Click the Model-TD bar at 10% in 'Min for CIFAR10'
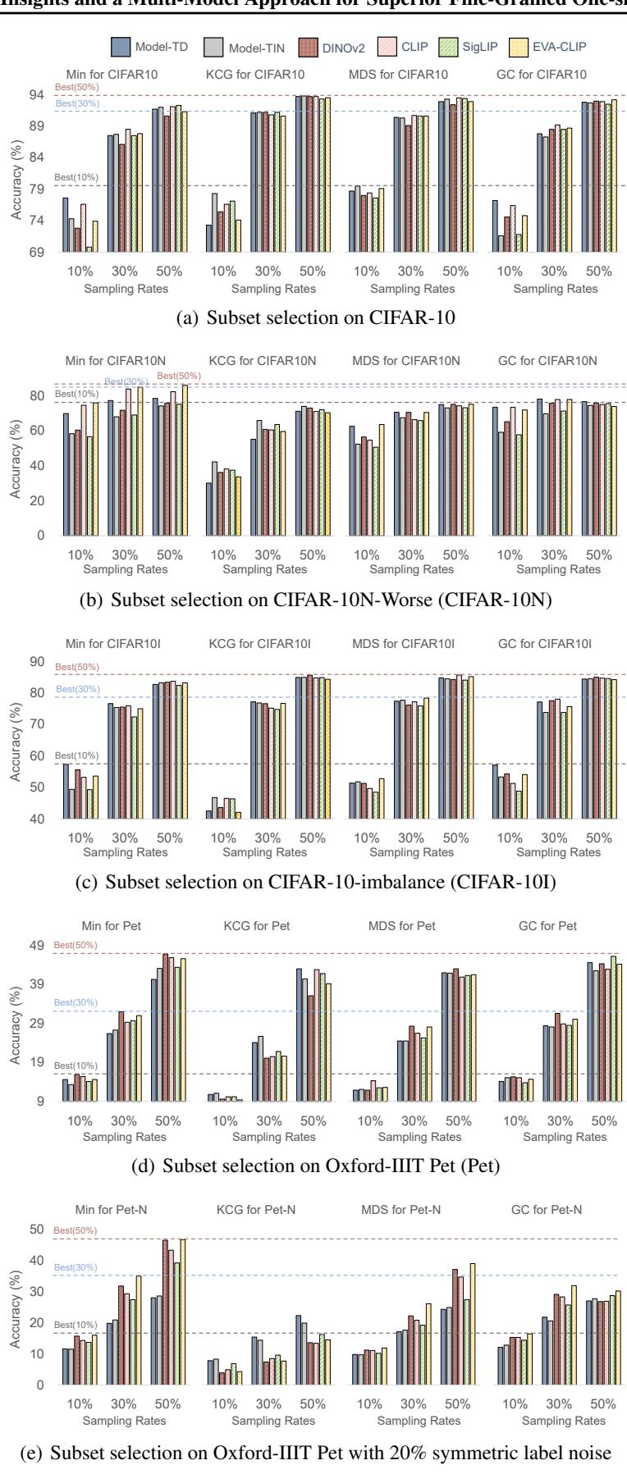66,225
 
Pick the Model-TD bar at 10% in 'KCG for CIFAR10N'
209,509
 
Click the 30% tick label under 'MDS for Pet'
414,1120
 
